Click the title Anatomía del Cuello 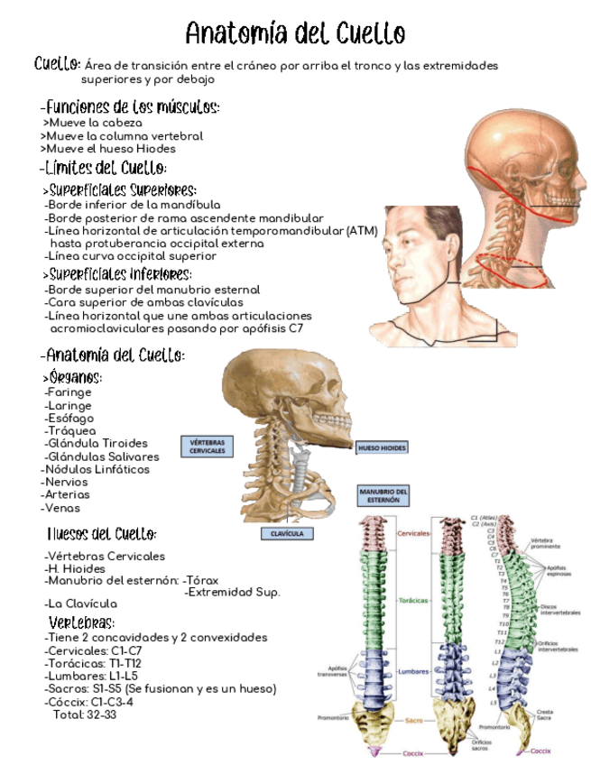click(295, 33)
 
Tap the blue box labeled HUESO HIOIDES click(382, 447)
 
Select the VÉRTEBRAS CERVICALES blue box click(208, 447)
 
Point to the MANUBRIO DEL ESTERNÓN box click(383, 496)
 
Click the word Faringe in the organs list click(69, 392)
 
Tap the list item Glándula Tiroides click(97, 444)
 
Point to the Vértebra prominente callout click(550, 544)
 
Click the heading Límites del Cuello click(104, 168)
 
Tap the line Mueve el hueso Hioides click(109, 149)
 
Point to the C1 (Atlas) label click(485, 518)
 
